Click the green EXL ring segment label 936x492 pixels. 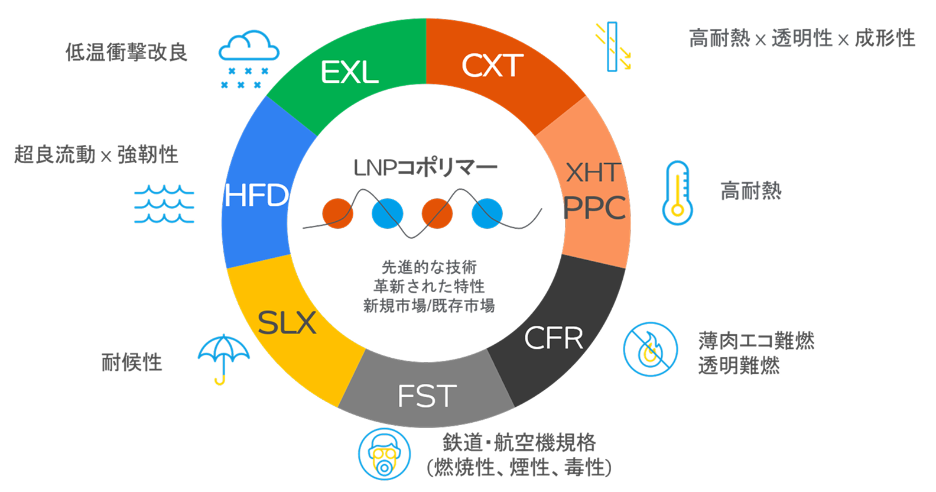[349, 73]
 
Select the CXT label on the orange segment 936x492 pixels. [492, 65]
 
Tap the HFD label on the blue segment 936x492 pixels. [256, 196]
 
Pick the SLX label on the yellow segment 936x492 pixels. [287, 323]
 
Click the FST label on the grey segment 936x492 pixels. [427, 396]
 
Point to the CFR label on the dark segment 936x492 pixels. [553, 338]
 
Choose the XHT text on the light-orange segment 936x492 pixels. [593, 173]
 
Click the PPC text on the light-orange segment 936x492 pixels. [594, 208]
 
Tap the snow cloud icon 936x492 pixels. [248, 60]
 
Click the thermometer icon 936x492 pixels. [677, 193]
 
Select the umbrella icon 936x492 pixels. [223, 358]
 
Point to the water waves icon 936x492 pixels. [164, 204]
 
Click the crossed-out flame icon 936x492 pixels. [650, 349]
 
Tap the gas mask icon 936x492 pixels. [384, 454]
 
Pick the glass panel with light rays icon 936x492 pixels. [613, 46]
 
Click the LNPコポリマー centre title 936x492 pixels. [425, 168]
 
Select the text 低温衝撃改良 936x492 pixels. [126, 52]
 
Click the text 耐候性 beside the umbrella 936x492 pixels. [132, 362]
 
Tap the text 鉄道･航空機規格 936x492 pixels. [519, 442]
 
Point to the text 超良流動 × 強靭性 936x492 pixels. [96, 155]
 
